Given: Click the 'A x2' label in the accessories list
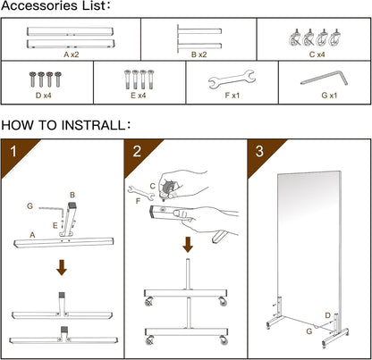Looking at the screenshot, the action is (72, 54).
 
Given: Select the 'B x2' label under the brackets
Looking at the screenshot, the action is (199, 54).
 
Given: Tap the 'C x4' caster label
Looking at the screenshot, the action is (317, 54).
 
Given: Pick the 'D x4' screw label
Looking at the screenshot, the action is (44, 96).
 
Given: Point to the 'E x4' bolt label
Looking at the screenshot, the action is (139, 96).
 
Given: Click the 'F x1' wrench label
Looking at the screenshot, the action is (232, 96).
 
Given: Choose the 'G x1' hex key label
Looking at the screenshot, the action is (329, 96).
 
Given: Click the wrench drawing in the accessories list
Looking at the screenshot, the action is (232, 80).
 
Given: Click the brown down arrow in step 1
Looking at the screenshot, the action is (62, 267).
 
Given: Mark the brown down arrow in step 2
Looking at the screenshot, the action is (188, 245).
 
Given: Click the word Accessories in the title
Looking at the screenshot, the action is (37, 5).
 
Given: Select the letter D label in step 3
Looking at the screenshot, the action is (328, 315).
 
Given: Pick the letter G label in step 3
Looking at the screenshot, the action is (309, 331).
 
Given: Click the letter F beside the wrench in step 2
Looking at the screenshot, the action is (138, 201).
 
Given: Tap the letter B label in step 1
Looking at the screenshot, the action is (72, 195).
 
